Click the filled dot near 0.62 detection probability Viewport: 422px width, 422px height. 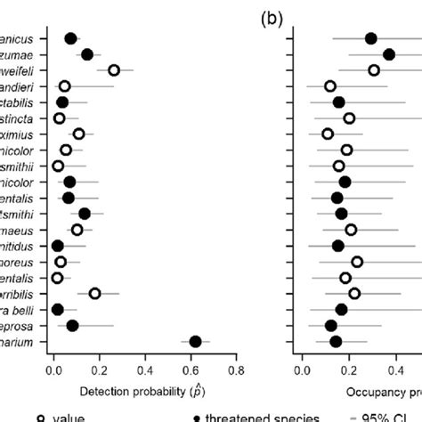196,341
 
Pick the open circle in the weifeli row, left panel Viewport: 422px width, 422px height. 114,70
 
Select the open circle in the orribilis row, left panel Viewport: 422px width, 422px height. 95,293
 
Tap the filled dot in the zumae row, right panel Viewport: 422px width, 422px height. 389,54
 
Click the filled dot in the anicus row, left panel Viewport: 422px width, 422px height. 71,38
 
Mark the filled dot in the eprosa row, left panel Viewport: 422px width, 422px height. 73,325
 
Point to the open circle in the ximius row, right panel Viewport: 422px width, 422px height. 328,134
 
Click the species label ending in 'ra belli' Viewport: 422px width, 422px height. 19,309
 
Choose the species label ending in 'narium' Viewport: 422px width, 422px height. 19,341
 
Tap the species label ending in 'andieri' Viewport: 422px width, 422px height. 19,86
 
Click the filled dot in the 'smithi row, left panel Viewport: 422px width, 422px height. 85,213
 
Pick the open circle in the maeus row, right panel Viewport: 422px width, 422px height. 351,230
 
